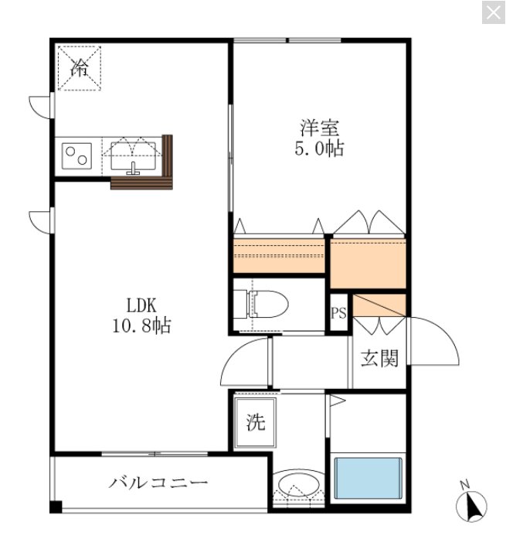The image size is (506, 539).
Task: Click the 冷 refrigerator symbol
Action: click(79, 67)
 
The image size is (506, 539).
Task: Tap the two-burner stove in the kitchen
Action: click(76, 155)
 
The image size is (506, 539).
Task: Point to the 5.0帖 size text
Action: click(319, 148)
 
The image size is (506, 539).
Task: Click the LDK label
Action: click(139, 305)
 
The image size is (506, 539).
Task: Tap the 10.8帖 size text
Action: click(139, 326)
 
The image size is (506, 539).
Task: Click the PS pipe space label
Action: click(338, 313)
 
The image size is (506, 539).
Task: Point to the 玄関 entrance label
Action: click(379, 358)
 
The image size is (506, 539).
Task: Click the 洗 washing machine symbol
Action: click(255, 422)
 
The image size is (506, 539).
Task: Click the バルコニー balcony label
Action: click(158, 484)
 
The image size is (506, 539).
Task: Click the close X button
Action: click(493, 12)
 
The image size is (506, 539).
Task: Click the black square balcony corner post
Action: click(55, 507)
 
